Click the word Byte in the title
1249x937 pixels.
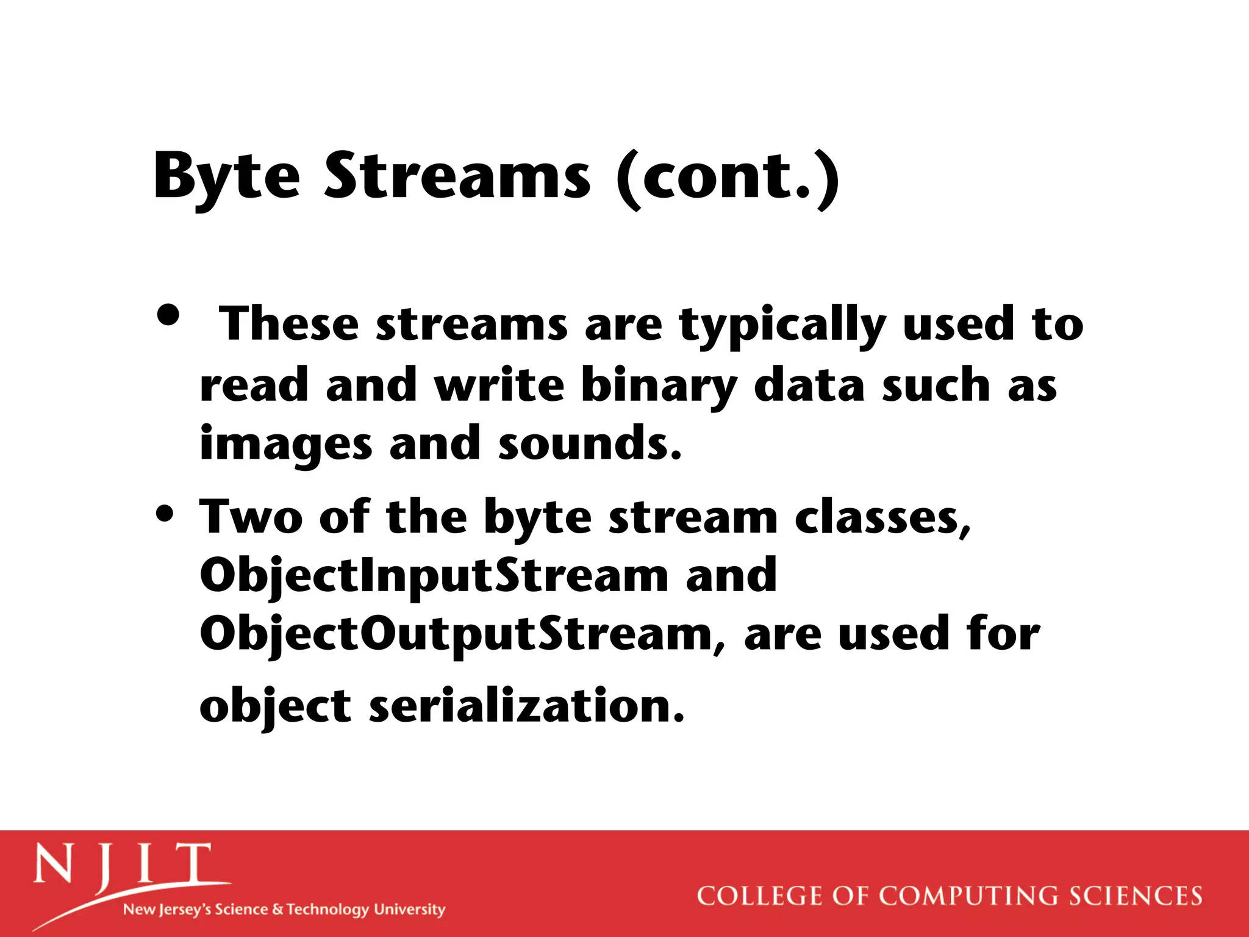[x=226, y=177]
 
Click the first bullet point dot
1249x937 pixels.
[x=168, y=315]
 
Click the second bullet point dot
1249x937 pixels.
[x=165, y=513]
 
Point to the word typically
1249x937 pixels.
[x=782, y=326]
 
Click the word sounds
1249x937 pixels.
[x=589, y=444]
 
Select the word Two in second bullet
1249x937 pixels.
[x=251, y=517]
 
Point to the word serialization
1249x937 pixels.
[x=527, y=706]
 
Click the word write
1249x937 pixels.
[x=499, y=386]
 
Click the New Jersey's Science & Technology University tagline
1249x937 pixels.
[x=284, y=910]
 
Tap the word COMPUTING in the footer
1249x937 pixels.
[x=968, y=896]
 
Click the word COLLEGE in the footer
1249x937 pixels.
[x=759, y=896]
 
